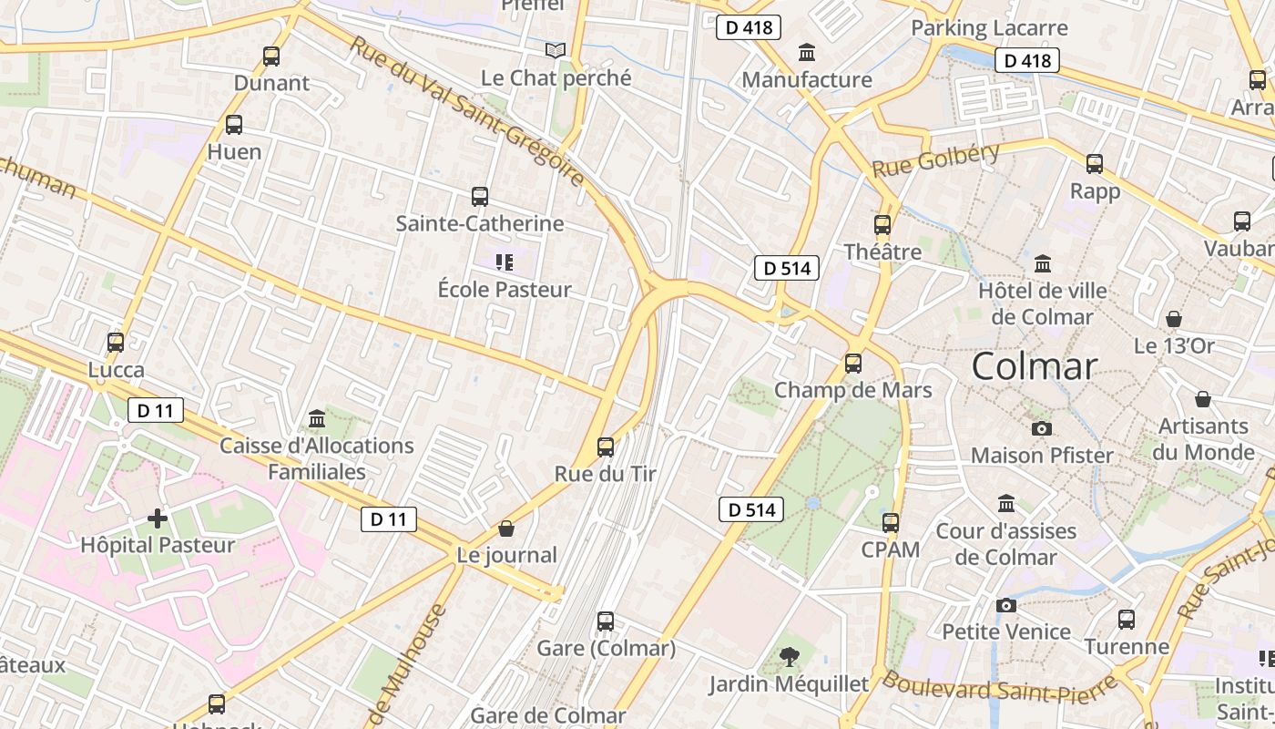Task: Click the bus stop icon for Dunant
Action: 270,56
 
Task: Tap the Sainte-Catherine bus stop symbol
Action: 480,196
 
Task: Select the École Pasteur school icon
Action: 504,263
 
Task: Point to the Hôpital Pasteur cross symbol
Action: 158,519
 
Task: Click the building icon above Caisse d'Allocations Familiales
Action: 317,418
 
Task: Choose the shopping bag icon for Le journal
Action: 506,529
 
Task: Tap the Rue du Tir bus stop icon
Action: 606,447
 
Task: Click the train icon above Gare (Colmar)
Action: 606,621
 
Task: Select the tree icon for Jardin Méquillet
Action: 790,656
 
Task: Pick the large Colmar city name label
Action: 1034,366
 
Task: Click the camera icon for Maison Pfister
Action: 1042,428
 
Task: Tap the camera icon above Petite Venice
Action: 1006,605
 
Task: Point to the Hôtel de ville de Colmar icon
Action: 1043,264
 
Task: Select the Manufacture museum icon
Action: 807,53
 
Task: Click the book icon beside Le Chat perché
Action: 556,51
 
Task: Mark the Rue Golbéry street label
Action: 935,160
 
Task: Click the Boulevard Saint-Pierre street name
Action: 998,687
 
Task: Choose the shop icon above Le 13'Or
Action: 1174,319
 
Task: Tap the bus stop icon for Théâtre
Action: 882,224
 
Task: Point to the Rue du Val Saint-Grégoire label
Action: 465,111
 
